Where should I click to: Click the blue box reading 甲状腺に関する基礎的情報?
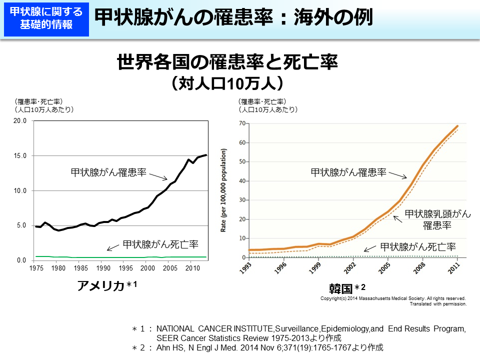coord(46,19)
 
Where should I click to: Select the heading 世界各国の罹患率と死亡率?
coord(227,63)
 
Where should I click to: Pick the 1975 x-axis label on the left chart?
coord(36,268)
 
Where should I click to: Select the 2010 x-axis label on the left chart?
coord(190,268)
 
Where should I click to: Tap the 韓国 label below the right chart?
coord(341,288)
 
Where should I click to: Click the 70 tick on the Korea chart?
coord(242,123)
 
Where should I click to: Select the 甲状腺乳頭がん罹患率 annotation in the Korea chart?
coord(437,219)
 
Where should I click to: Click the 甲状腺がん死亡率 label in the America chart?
coord(160,244)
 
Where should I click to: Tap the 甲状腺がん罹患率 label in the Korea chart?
coord(348,172)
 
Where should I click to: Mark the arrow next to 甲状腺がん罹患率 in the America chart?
coord(159,176)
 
